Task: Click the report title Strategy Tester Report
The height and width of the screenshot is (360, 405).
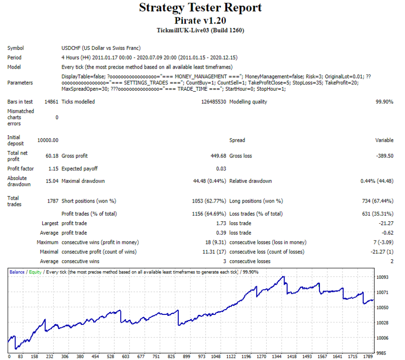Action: pyautogui.click(x=200, y=8)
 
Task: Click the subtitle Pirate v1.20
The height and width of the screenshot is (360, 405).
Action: pyautogui.click(x=200, y=21)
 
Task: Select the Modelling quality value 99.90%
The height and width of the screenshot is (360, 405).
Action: pyautogui.click(x=384, y=102)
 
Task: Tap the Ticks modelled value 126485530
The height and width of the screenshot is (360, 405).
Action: pyautogui.click(x=214, y=102)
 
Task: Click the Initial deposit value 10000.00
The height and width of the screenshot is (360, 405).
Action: pyautogui.click(x=48, y=140)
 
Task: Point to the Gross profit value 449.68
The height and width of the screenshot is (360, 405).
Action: pyautogui.click(x=218, y=156)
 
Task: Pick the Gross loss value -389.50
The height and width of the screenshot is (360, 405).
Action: pyautogui.click(x=385, y=156)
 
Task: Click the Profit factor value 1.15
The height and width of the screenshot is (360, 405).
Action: pyautogui.click(x=53, y=168)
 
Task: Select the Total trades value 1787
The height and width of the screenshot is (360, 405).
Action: pyautogui.click(x=53, y=201)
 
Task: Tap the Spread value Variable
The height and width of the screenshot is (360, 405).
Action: pyautogui.click(x=384, y=140)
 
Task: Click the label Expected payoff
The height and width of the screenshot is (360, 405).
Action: pyautogui.click(x=80, y=168)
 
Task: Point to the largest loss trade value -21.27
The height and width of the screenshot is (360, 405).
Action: pyautogui.click(x=386, y=223)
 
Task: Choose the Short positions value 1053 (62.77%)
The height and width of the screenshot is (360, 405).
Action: pyautogui.click(x=209, y=201)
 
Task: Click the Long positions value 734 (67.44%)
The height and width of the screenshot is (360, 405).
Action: pyautogui.click(x=378, y=201)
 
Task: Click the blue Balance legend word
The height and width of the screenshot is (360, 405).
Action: pyautogui.click(x=17, y=272)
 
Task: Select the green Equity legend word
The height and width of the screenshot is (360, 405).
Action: pyautogui.click(x=35, y=272)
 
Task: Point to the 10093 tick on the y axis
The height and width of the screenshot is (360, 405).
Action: pyautogui.click(x=382, y=277)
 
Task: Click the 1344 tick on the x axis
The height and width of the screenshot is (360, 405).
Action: pyautogui.click(x=277, y=356)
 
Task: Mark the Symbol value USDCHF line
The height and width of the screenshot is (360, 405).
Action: pyautogui.click(x=101, y=48)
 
